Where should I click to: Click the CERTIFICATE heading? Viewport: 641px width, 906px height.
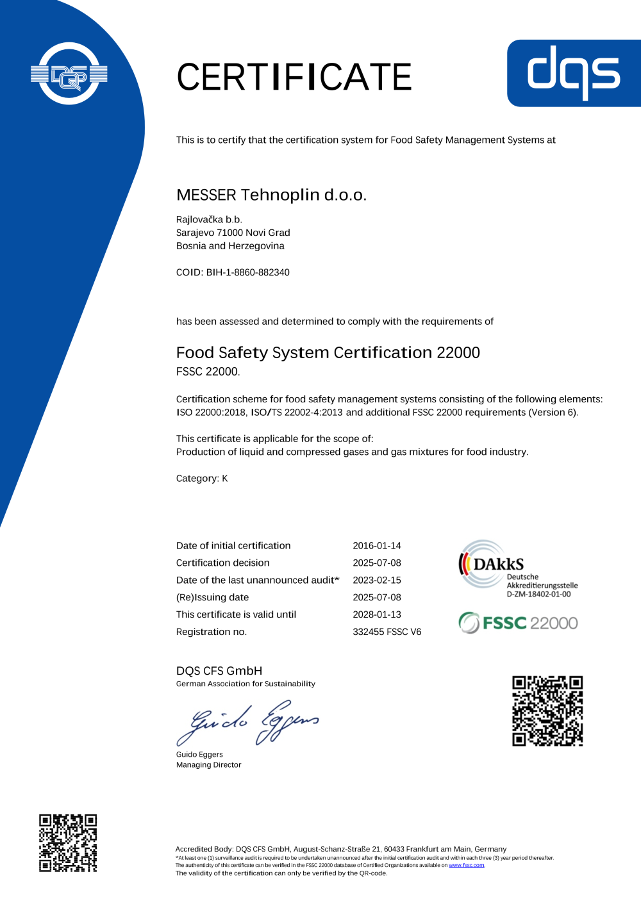(294, 77)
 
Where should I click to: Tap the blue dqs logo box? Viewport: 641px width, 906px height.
(574, 73)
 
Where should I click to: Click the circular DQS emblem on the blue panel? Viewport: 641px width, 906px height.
(69, 74)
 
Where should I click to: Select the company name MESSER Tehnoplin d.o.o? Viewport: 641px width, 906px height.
(271, 195)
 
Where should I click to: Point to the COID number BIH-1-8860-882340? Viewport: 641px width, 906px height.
(247, 272)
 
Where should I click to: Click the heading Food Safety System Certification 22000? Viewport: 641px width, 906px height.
(328, 352)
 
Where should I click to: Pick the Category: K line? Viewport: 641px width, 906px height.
(202, 479)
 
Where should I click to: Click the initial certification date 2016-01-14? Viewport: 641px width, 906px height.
(377, 546)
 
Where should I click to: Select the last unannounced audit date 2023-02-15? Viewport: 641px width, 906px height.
(377, 580)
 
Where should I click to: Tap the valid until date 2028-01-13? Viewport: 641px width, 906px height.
(377, 614)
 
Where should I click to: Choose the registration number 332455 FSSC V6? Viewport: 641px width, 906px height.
(387, 632)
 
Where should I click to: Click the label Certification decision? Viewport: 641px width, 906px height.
(222, 563)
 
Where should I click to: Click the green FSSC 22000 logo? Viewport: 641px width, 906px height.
(518, 623)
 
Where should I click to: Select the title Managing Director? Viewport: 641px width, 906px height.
(208, 765)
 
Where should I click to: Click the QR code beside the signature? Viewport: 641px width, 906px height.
(547, 711)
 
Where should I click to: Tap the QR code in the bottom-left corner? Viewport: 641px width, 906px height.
(68, 843)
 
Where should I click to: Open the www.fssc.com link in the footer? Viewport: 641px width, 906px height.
(466, 865)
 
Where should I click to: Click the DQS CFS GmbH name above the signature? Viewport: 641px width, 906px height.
(219, 671)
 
